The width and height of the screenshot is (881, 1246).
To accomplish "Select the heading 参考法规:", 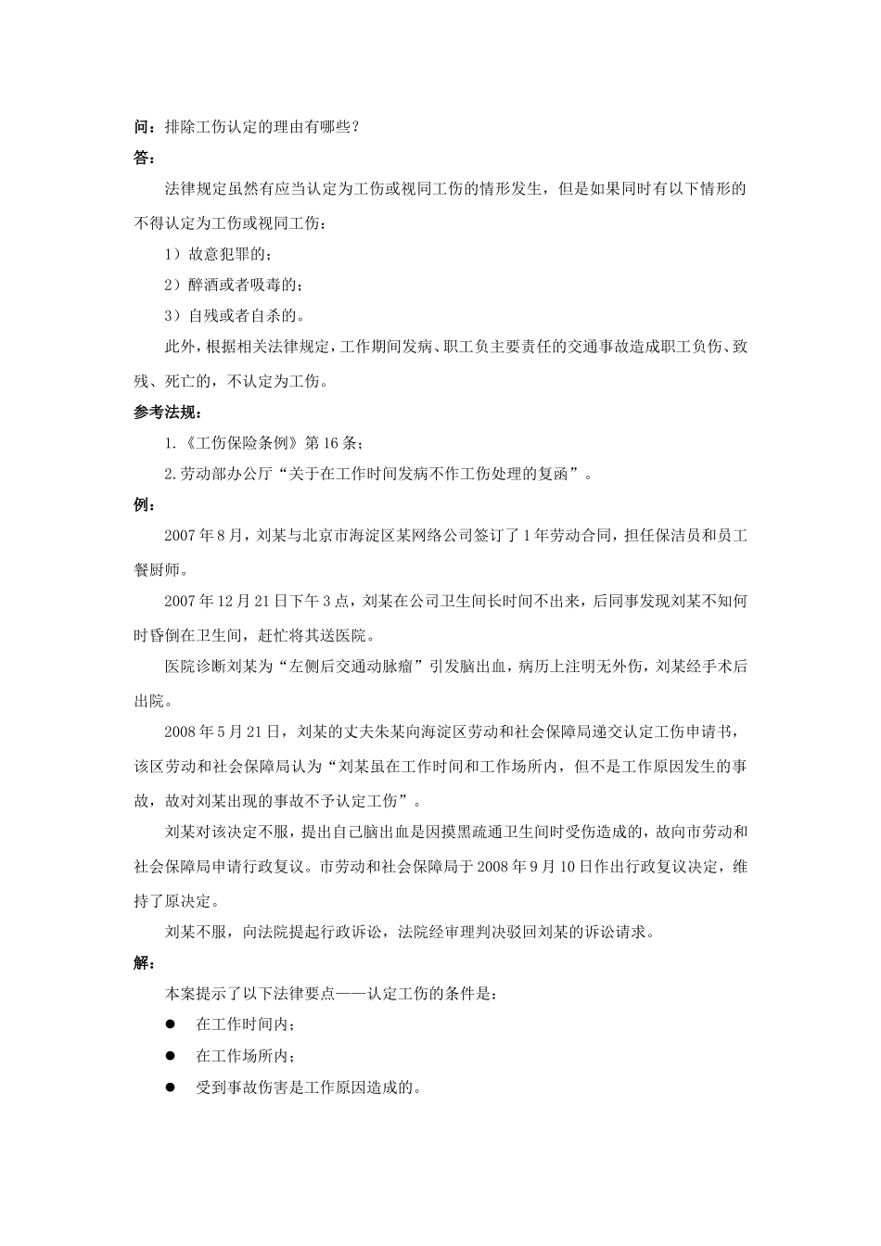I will click(x=168, y=413).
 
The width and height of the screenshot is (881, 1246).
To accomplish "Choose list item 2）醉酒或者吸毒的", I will click(x=232, y=285).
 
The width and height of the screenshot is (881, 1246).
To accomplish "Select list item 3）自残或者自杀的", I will click(x=232, y=316).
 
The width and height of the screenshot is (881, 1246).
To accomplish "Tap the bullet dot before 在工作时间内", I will click(x=171, y=1025).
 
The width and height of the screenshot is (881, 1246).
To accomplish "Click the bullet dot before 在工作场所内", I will click(x=171, y=1056).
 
